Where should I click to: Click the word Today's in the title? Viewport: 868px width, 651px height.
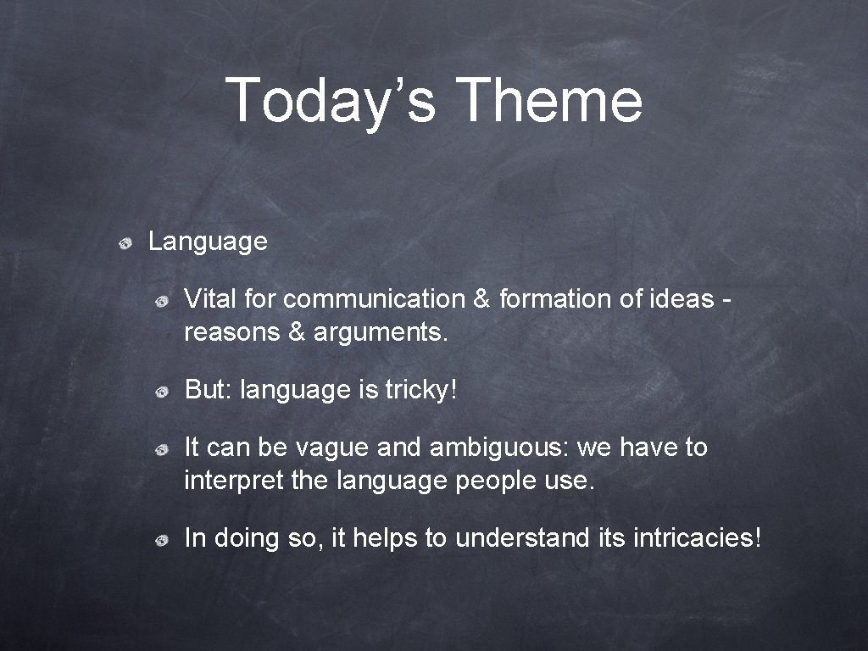[331, 100]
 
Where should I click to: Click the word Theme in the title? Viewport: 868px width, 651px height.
[549, 100]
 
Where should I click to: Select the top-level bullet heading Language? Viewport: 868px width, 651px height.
[208, 242]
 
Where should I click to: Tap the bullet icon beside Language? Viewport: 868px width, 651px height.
[125, 244]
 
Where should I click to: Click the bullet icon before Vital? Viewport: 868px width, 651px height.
[160, 301]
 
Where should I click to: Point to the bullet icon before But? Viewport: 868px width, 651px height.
[160, 392]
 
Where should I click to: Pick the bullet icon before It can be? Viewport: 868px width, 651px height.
[160, 449]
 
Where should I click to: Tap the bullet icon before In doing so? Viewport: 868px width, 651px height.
[160, 539]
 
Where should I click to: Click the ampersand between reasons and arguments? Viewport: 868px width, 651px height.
[297, 332]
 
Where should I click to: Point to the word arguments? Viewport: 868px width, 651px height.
[379, 333]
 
